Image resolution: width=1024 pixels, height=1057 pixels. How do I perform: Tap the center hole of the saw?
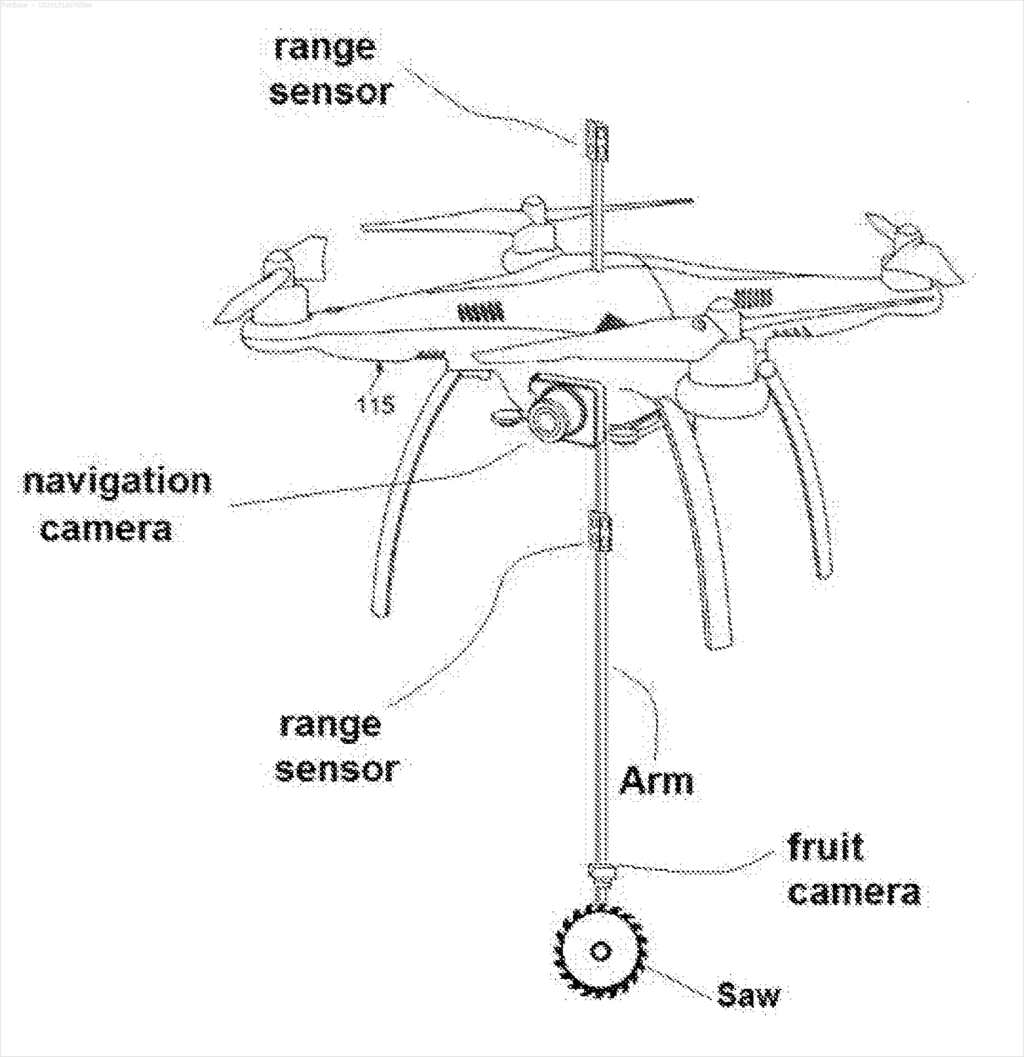[x=600, y=951]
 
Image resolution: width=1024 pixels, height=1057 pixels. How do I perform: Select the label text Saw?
[x=748, y=994]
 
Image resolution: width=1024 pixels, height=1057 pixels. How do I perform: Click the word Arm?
[x=656, y=780]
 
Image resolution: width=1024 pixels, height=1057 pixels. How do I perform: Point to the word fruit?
[x=825, y=846]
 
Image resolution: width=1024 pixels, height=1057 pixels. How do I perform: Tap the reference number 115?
[x=376, y=404]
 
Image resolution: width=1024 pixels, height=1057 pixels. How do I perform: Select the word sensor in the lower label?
[x=337, y=769]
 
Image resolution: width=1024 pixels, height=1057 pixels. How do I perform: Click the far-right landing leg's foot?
[x=821, y=567]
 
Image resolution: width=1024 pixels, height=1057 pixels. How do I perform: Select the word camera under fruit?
[x=854, y=891]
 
